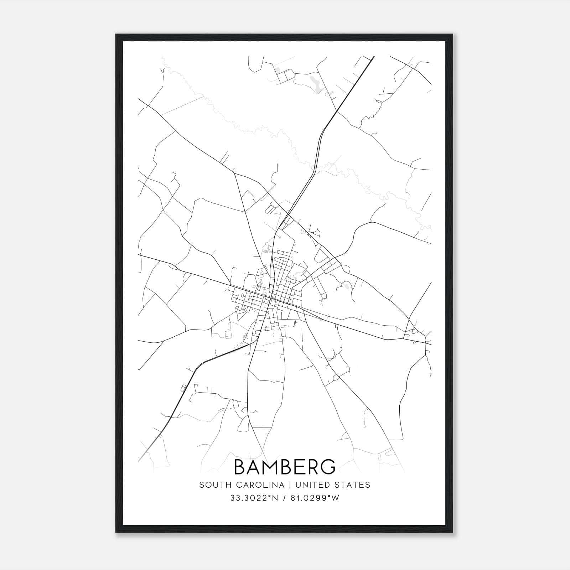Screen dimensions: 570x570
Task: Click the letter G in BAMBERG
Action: [x=326, y=467]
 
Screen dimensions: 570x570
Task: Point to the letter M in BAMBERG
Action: [x=270, y=467]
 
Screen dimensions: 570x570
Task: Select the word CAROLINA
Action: [x=257, y=485]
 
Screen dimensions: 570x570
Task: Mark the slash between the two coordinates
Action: [x=284, y=498]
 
